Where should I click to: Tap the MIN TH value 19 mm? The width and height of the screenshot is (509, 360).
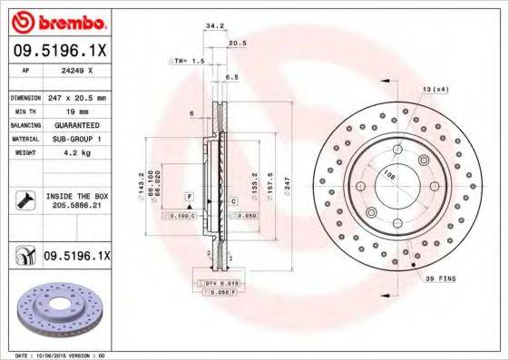73,110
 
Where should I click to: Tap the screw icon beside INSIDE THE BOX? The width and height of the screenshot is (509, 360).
24,201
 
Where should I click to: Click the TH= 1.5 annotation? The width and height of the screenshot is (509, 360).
187,60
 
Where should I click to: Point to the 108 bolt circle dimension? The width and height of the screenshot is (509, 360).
389,174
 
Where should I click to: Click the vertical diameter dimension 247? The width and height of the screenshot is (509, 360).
287,185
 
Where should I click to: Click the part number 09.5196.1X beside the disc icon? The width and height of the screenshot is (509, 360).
76,257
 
